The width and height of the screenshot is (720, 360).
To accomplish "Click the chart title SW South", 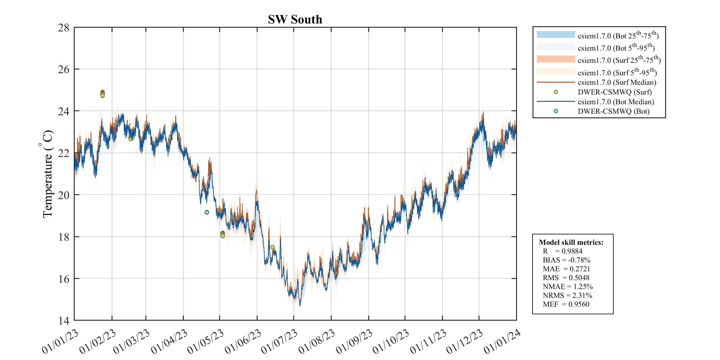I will pyautogui.click(x=295, y=20).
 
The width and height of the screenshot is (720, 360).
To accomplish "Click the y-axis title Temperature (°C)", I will pyautogui.click(x=47, y=174).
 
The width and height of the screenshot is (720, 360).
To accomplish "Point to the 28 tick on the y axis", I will pyautogui.click(x=64, y=28).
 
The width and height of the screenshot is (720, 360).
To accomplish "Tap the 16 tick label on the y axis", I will pyautogui.click(x=64, y=279).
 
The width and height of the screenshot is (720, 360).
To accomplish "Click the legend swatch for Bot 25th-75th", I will pyautogui.click(x=556, y=35).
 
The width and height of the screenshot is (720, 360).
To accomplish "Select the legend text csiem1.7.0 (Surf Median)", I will pyautogui.click(x=617, y=82).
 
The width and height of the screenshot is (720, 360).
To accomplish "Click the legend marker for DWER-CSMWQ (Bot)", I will pyautogui.click(x=556, y=111).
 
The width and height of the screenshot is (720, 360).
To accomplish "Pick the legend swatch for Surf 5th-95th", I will pyautogui.click(x=556, y=71).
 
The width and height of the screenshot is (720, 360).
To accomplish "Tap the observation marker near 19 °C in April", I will pyautogui.click(x=207, y=212).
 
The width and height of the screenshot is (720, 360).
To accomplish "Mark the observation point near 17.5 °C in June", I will pyautogui.click(x=272, y=247).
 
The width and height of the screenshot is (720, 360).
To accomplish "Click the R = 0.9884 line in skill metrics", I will pyautogui.click(x=562, y=251).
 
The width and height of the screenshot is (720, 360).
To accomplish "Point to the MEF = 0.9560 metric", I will pyautogui.click(x=566, y=304).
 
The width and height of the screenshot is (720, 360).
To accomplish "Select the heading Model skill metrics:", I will pyautogui.click(x=571, y=242).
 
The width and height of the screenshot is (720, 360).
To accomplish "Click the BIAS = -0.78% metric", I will pyautogui.click(x=566, y=260).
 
